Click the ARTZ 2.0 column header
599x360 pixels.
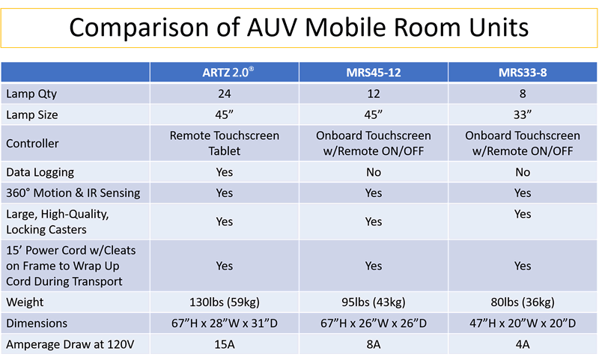pyautogui.click(x=224, y=72)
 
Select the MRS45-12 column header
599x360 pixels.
pyautogui.click(x=374, y=72)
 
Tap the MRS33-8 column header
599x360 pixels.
pyautogui.click(x=523, y=72)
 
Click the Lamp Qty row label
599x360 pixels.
pyautogui.click(x=31, y=94)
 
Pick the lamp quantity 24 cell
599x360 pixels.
pyautogui.click(x=224, y=94)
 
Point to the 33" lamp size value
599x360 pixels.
pyautogui.click(x=523, y=115)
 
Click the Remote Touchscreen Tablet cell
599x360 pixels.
pyautogui.click(x=224, y=143)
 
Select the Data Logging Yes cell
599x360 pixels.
pyautogui.click(x=224, y=172)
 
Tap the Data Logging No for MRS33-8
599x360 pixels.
pyautogui.click(x=523, y=172)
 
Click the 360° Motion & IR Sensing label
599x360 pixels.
pyautogui.click(x=73, y=193)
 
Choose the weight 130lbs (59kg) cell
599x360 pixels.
pyautogui.click(x=224, y=302)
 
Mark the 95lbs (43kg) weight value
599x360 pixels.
pyautogui.click(x=374, y=302)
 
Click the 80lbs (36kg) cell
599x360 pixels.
pyautogui.click(x=523, y=302)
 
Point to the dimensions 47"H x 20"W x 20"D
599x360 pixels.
pyautogui.click(x=523, y=323)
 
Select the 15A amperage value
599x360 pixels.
pyautogui.click(x=224, y=344)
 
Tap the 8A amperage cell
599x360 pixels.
pyautogui.click(x=374, y=344)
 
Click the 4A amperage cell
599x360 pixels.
pyautogui.click(x=523, y=344)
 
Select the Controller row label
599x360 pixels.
pyautogui.click(x=32, y=143)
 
